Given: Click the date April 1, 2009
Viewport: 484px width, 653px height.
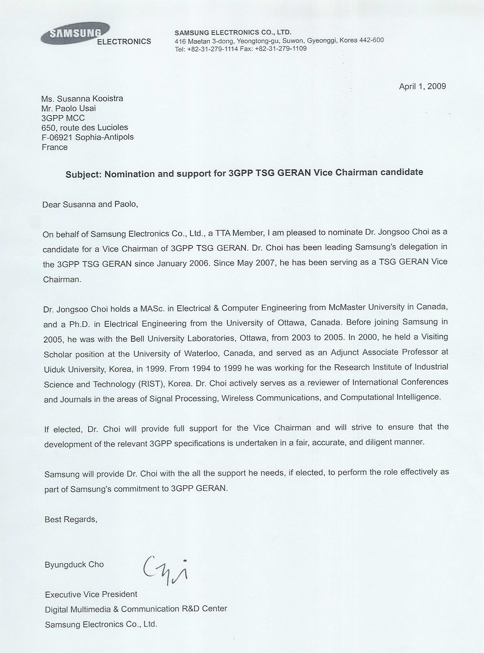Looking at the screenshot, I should click(x=422, y=86).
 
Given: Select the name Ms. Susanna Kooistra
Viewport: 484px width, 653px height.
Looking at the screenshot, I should click(x=82, y=99).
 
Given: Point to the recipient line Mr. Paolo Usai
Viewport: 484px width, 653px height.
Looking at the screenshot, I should click(x=69, y=108).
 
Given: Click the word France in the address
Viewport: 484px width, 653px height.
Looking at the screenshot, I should click(x=55, y=147).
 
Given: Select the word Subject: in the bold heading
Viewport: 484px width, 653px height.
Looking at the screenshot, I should click(x=83, y=174).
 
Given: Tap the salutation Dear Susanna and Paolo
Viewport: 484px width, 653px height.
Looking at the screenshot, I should click(x=90, y=204).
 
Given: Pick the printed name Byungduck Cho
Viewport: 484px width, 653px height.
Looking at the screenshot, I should click(x=74, y=564).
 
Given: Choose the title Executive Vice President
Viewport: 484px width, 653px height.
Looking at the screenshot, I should click(x=91, y=594).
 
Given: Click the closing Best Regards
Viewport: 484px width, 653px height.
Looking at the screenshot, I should click(x=71, y=519).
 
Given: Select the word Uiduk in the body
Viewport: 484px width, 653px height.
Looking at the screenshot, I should click(x=55, y=369).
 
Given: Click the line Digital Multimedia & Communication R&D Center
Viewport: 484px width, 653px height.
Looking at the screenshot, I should click(x=136, y=609).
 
